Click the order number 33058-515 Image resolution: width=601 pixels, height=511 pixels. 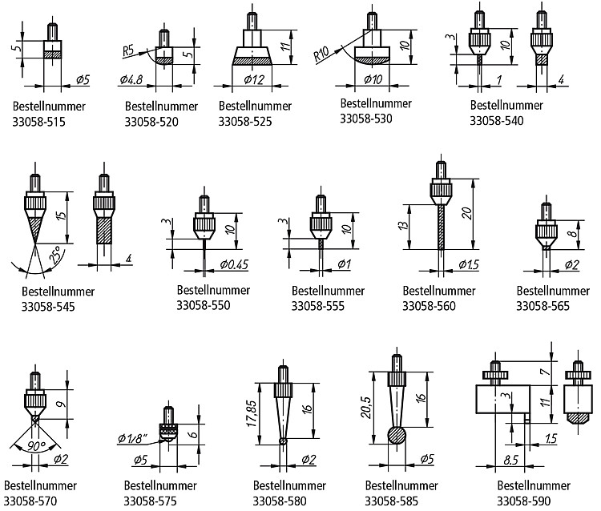click(x=38, y=122)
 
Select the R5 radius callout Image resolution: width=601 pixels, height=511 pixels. click(x=128, y=50)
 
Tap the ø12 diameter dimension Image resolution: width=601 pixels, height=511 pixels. click(x=254, y=79)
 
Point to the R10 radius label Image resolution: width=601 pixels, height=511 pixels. click(x=321, y=54)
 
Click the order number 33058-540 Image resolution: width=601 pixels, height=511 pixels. click(x=497, y=121)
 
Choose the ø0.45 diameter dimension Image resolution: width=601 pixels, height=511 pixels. click(x=234, y=264)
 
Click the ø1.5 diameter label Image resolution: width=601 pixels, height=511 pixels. click(x=469, y=264)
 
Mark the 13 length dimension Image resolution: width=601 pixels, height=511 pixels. click(x=403, y=226)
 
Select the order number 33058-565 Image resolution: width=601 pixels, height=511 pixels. click(x=543, y=306)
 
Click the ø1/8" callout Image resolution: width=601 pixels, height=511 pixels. click(x=132, y=438)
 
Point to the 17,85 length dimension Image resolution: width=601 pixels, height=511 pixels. click(x=252, y=414)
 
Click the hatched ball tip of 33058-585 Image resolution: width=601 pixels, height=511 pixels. click(x=397, y=436)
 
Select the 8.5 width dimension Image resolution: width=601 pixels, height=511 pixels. click(x=511, y=460)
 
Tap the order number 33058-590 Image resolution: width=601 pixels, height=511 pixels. click(x=523, y=501)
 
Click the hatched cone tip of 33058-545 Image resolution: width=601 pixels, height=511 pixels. click(x=35, y=229)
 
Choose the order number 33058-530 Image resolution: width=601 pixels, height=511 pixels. click(x=366, y=119)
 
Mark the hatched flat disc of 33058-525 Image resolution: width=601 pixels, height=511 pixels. click(x=252, y=61)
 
